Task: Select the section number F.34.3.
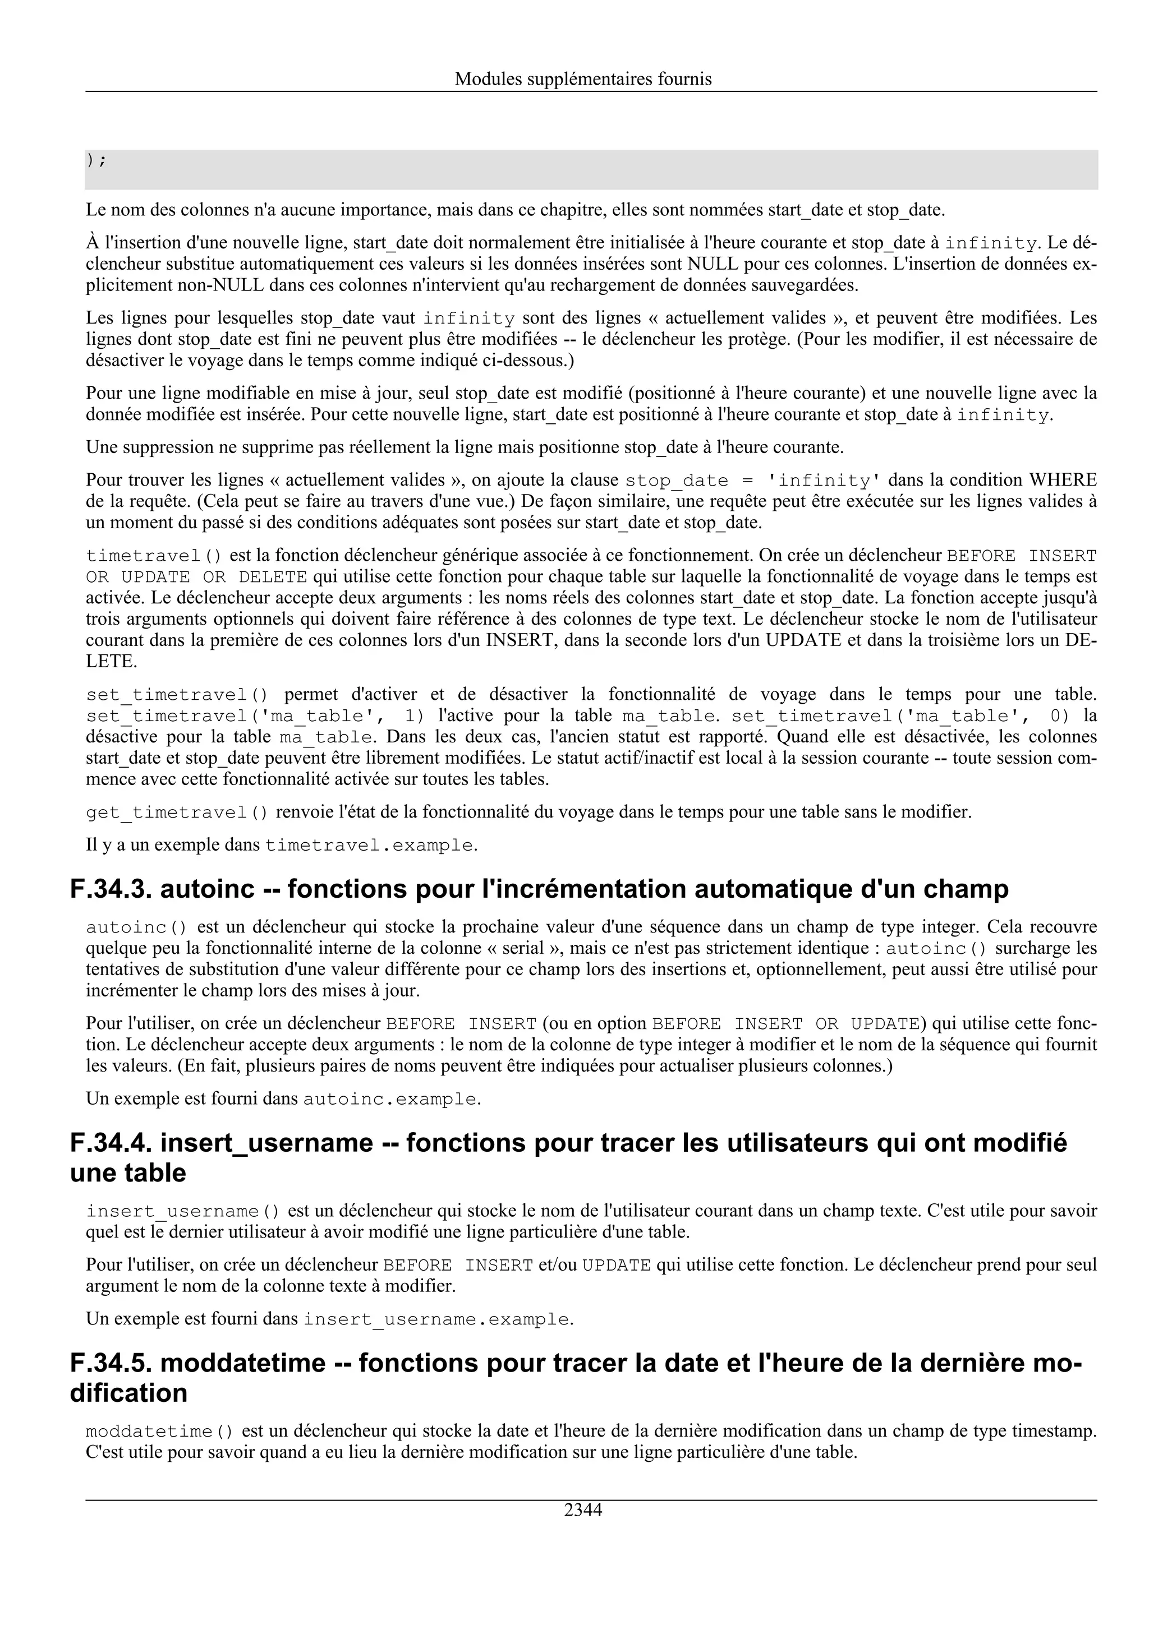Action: pos(111,889)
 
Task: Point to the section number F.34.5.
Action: pos(111,1363)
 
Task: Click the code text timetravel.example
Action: pos(368,845)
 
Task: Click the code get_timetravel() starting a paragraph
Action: pos(177,812)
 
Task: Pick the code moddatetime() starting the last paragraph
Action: pos(159,1432)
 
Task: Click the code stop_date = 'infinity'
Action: pos(753,481)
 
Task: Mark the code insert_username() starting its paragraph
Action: pos(183,1212)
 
